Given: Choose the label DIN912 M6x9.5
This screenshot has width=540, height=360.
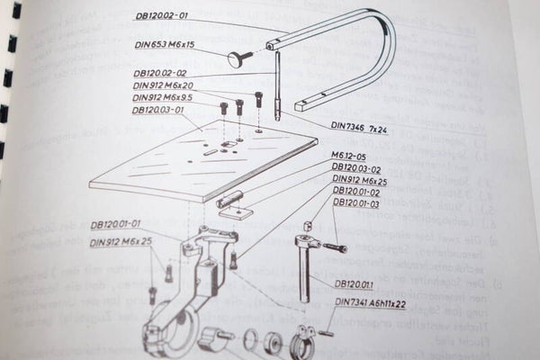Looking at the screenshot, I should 163,97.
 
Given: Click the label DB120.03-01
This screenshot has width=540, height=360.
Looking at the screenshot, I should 151,110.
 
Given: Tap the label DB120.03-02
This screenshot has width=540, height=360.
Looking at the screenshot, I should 356,168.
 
